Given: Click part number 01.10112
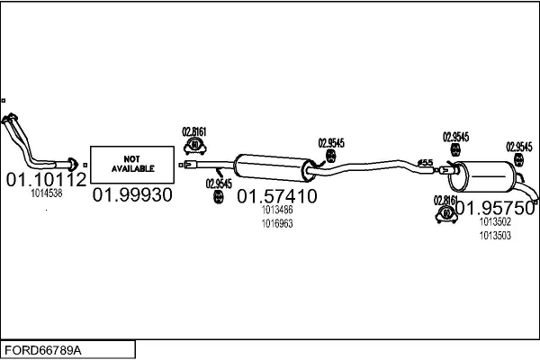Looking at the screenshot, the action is coord(46,179).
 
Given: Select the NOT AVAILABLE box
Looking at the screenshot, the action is coord(132,165).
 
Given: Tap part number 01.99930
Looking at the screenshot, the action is coord(132,195).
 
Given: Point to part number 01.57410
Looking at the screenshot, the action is coord(277,196).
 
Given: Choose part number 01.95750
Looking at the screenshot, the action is coord(495,208).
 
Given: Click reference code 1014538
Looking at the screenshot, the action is coord(47,193).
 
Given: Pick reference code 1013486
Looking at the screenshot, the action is coord(277,210).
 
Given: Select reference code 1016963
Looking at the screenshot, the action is coord(277,223).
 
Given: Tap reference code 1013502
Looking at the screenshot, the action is coord(495,221).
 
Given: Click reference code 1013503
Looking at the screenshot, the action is coord(495,236).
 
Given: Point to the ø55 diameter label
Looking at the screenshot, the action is coord(425,162).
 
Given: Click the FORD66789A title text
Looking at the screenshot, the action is coord(43,350).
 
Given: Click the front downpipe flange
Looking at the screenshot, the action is coord(72,165).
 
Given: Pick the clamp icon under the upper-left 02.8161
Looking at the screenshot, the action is coord(194,146).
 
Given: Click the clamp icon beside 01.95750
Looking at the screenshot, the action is coord(446,214).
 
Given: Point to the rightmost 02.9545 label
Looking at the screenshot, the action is coord(519,147).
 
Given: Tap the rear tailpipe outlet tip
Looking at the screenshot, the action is coord(535,202).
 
